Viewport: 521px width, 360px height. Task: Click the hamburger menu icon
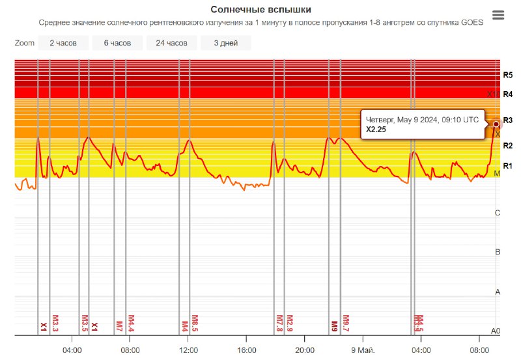click(498, 15)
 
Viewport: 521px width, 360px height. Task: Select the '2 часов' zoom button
click(63, 43)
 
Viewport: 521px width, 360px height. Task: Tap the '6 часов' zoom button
click(117, 43)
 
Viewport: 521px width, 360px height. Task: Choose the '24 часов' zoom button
click(171, 43)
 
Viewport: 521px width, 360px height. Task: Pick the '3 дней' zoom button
click(225, 43)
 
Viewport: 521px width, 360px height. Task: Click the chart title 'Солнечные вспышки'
click(260, 10)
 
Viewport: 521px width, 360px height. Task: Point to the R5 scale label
click(508, 76)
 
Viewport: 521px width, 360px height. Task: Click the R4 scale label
click(508, 94)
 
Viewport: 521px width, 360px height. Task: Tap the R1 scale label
click(508, 165)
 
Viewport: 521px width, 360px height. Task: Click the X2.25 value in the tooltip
click(377, 130)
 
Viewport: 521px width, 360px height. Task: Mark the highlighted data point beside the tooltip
click(496, 124)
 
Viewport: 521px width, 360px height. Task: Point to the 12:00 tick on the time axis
click(188, 350)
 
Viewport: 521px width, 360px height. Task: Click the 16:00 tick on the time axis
click(246, 350)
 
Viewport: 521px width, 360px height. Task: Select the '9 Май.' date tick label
click(363, 350)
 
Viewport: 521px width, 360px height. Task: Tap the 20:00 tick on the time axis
click(304, 350)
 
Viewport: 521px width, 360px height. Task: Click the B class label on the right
click(498, 252)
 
